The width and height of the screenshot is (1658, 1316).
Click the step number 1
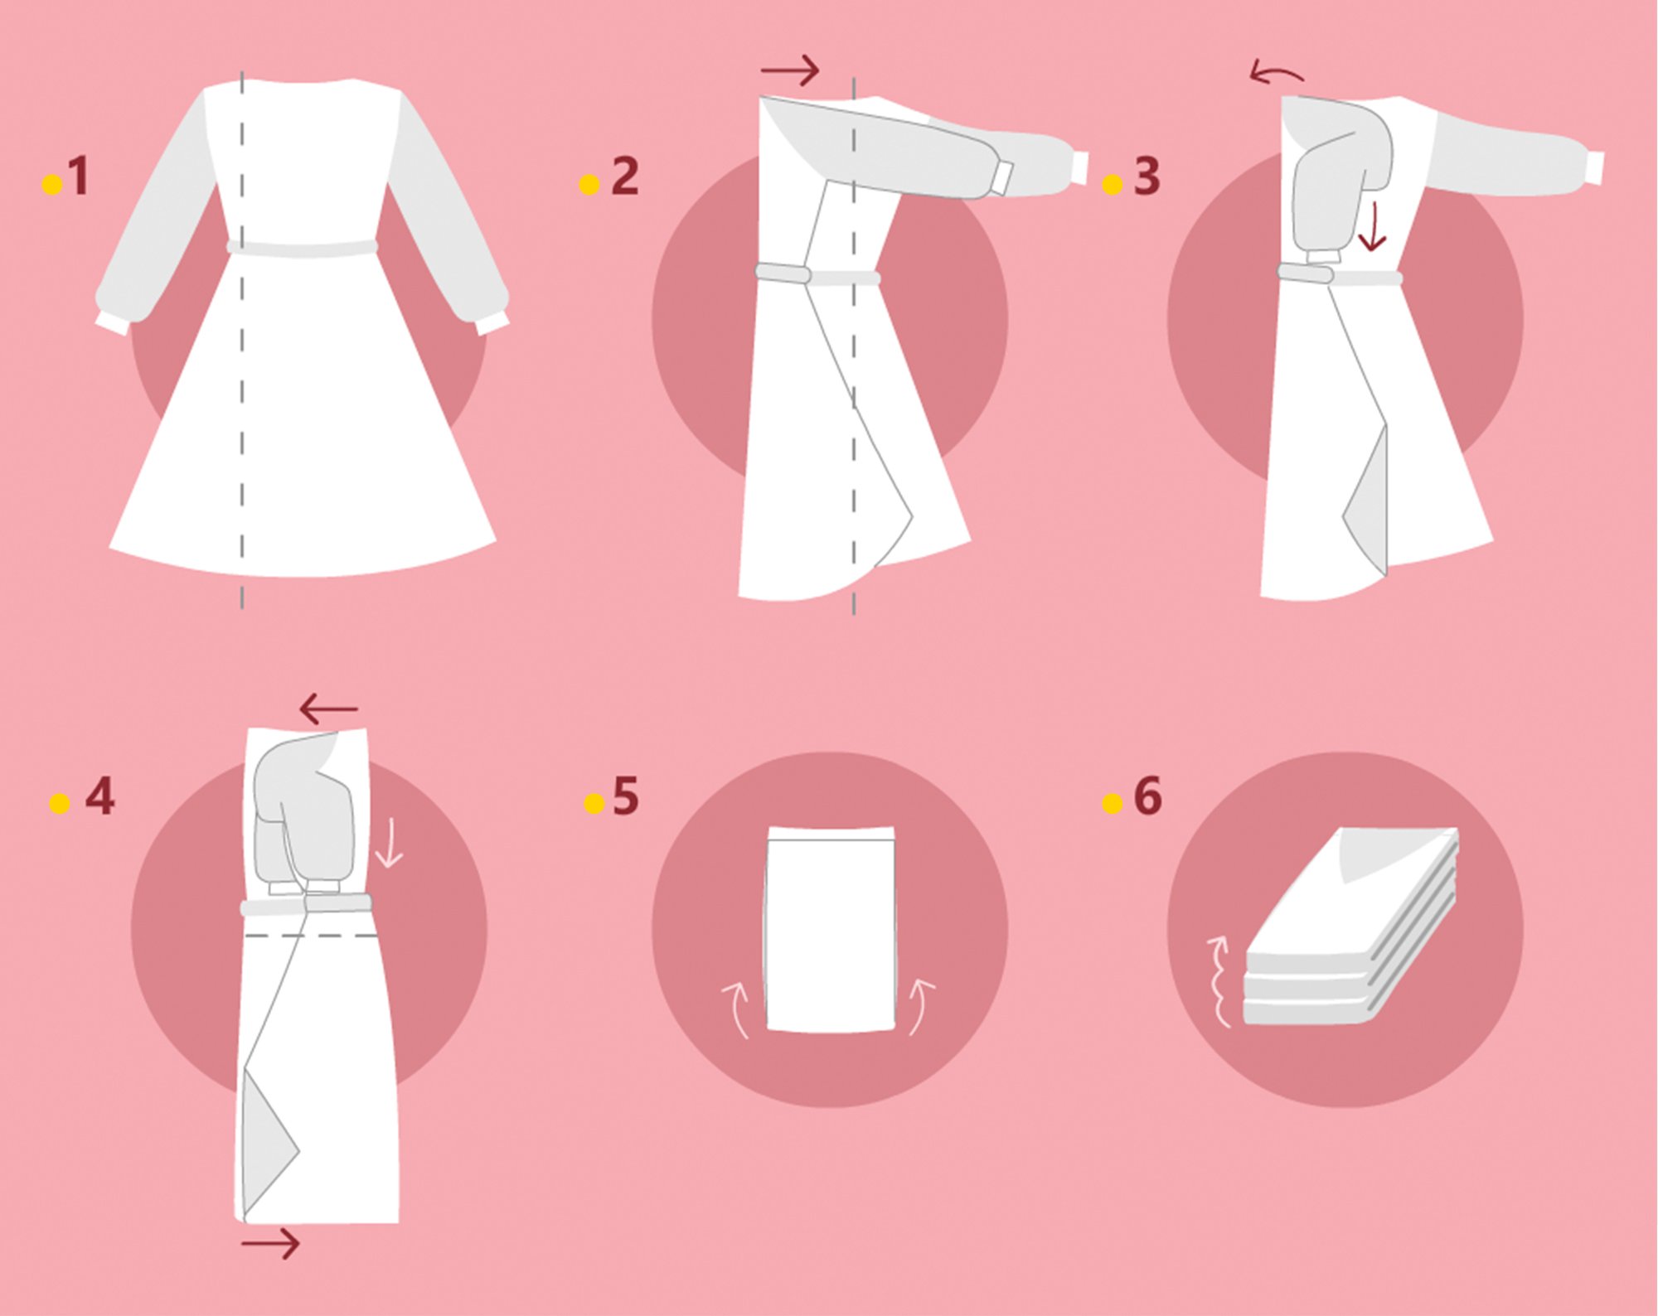coord(79,177)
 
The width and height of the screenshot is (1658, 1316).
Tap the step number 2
coord(625,177)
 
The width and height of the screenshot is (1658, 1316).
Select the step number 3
coord(1147,177)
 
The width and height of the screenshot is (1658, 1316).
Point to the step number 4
coord(99,797)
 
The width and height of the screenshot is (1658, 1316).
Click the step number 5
coord(625,797)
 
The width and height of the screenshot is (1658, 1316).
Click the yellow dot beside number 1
coord(52,184)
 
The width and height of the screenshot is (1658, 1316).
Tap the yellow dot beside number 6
coord(1112,803)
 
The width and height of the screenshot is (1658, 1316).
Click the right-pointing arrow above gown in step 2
coord(790,70)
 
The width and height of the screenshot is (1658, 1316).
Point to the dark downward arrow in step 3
coord(1372,225)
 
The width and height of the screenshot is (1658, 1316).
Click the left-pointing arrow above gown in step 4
coord(328,709)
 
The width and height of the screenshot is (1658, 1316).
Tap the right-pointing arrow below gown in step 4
coord(270,1243)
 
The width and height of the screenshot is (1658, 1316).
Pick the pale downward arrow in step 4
coord(388,844)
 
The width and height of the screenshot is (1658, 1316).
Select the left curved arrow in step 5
coord(736,1008)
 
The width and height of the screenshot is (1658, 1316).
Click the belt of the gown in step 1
coord(303,249)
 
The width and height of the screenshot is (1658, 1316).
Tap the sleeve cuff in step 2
coord(1001,178)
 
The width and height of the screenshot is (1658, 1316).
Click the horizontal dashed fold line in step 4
coord(311,936)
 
